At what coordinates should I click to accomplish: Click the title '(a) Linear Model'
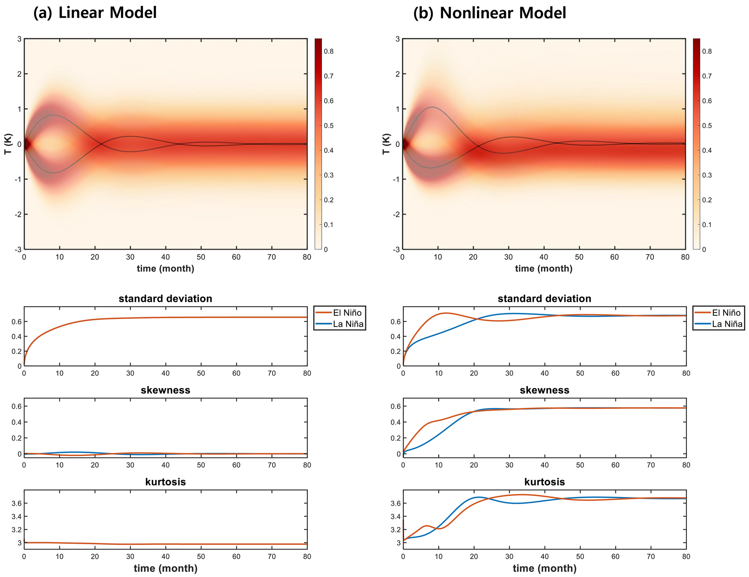[95, 13]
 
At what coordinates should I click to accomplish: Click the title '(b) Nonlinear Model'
[490, 13]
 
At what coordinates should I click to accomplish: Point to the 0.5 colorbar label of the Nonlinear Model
[707, 126]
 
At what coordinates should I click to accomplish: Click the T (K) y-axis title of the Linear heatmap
[8, 144]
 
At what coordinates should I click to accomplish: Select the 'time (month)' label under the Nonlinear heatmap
[544, 268]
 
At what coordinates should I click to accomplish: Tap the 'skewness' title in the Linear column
[165, 390]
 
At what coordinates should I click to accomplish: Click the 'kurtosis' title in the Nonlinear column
[544, 482]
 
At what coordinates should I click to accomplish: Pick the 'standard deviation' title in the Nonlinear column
[544, 299]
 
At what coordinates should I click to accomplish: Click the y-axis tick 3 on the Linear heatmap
[18, 39]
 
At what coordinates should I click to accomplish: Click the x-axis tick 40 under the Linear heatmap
[165, 257]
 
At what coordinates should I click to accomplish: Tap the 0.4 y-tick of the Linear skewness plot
[16, 422]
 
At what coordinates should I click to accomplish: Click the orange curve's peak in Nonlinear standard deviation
[446, 313]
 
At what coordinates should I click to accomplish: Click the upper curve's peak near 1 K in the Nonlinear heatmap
[432, 107]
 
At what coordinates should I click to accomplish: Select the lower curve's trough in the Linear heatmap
[53, 173]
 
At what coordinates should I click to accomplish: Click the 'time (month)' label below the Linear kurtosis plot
[165, 568]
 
